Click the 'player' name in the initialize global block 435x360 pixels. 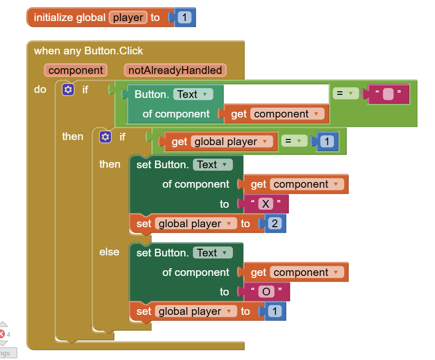[x=128, y=17]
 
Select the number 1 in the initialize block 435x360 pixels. [x=185, y=17]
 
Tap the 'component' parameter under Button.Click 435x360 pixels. [x=75, y=70]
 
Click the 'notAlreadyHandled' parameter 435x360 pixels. [x=175, y=70]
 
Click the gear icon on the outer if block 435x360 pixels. [x=68, y=90]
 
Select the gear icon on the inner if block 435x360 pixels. [x=105, y=137]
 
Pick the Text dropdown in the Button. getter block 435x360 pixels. [x=193, y=94]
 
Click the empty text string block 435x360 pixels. [x=388, y=94]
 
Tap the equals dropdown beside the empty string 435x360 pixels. [x=345, y=94]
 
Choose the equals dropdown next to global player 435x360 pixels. [x=293, y=141]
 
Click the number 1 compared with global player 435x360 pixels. [x=328, y=142]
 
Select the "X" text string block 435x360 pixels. [x=265, y=204]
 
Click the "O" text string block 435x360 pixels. [x=266, y=292]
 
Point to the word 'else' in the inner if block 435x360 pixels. [x=109, y=252]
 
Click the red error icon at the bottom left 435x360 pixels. [x=2, y=334]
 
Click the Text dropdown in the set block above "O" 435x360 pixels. [x=212, y=253]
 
